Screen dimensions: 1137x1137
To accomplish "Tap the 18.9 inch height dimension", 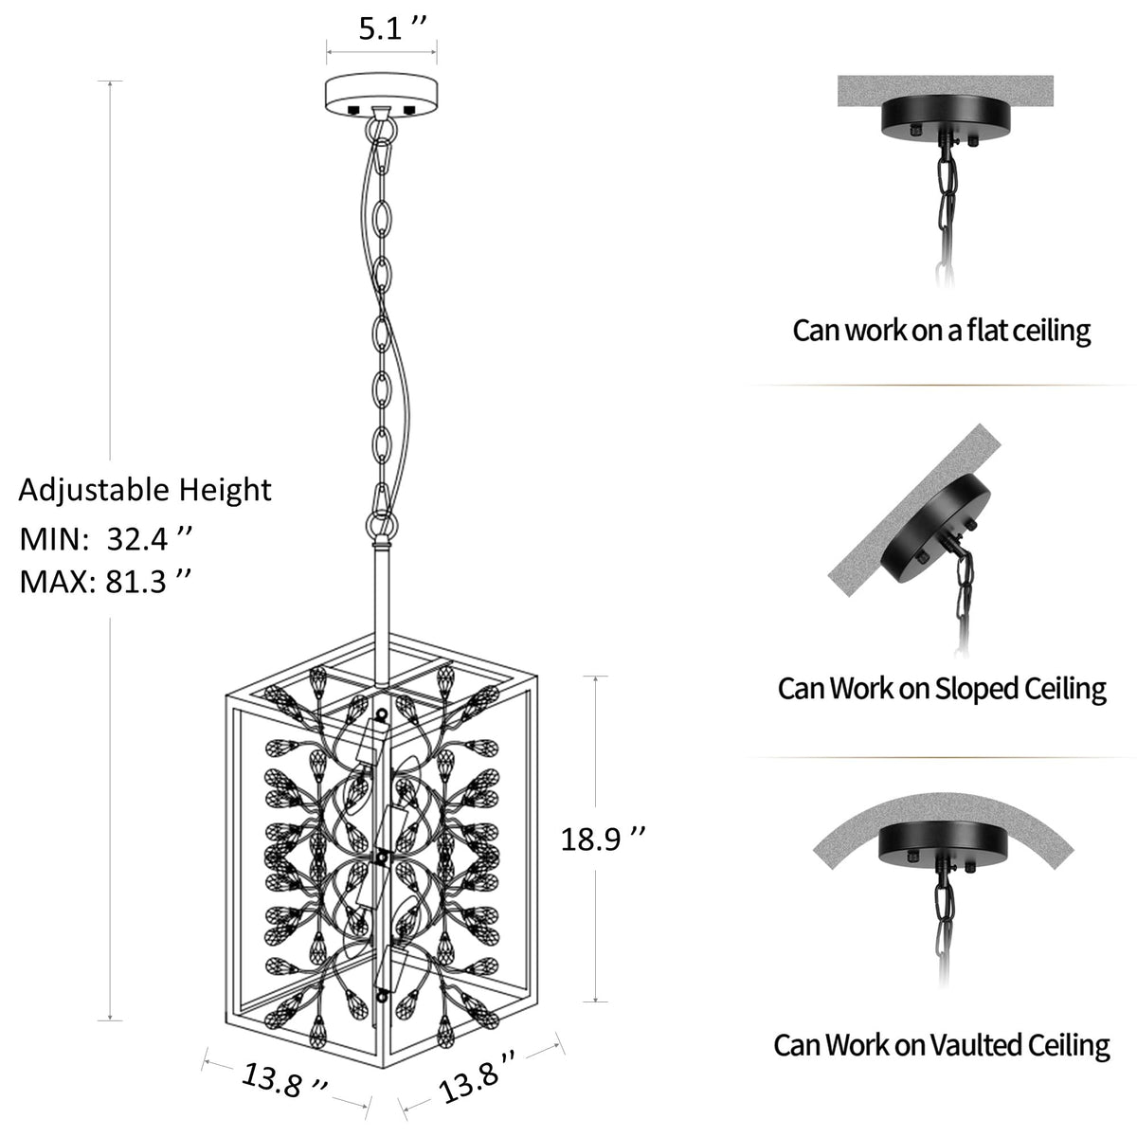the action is [x=603, y=839].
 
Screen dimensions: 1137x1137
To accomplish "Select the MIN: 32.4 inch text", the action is [x=105, y=539].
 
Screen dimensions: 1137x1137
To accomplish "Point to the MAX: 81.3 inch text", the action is [x=105, y=582].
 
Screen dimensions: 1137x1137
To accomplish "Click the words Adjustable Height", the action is [x=145, y=490].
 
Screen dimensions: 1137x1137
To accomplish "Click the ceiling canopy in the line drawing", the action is [x=382, y=95].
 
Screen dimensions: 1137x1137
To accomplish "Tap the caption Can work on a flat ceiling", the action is [x=941, y=331].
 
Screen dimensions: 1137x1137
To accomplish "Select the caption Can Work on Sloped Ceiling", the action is [x=942, y=689].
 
